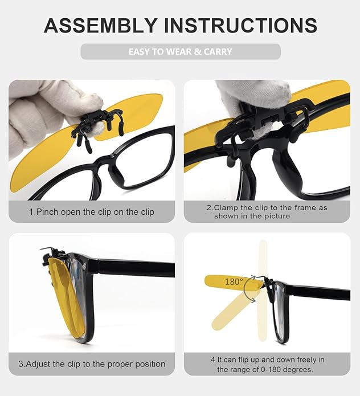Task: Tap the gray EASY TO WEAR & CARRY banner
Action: pos(180,51)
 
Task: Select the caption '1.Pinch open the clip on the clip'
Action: pos(92,211)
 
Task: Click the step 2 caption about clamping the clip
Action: pos(267,211)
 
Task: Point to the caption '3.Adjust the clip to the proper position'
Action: pos(92,364)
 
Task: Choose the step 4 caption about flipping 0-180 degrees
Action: pos(267,364)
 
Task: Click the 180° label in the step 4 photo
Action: pos(234,281)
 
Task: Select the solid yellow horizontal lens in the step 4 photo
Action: pos(225,281)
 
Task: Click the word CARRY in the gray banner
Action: pos(218,51)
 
